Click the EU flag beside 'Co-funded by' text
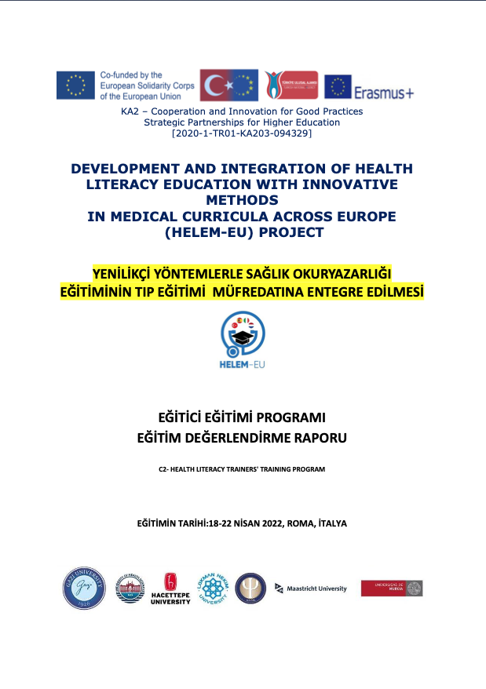coord(75,85)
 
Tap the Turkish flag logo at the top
coord(228,86)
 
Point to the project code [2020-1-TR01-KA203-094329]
coord(241,134)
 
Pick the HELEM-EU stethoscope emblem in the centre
coord(243,333)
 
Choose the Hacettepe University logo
coord(170,589)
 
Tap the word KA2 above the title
coord(129,111)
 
